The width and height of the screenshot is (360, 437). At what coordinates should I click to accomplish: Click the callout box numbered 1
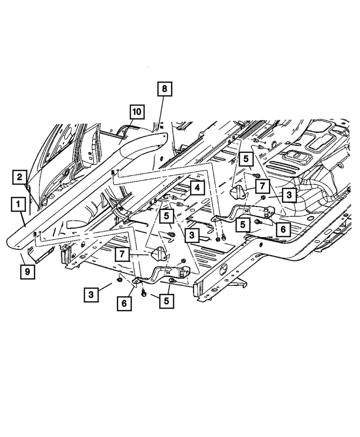click(x=18, y=204)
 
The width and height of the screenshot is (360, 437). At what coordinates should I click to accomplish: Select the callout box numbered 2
click(x=20, y=177)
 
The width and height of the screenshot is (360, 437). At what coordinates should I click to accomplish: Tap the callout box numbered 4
click(x=197, y=189)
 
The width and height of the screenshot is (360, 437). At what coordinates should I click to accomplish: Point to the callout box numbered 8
click(x=165, y=90)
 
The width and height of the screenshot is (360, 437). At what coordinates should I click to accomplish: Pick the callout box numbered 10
click(x=137, y=111)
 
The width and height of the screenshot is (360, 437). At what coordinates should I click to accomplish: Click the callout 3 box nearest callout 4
click(x=192, y=236)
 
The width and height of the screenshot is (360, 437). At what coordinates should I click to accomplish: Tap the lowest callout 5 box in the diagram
click(x=166, y=300)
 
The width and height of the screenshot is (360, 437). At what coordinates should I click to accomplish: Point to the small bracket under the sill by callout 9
click(x=41, y=252)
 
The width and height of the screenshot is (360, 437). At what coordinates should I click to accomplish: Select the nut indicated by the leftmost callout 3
click(x=119, y=277)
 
